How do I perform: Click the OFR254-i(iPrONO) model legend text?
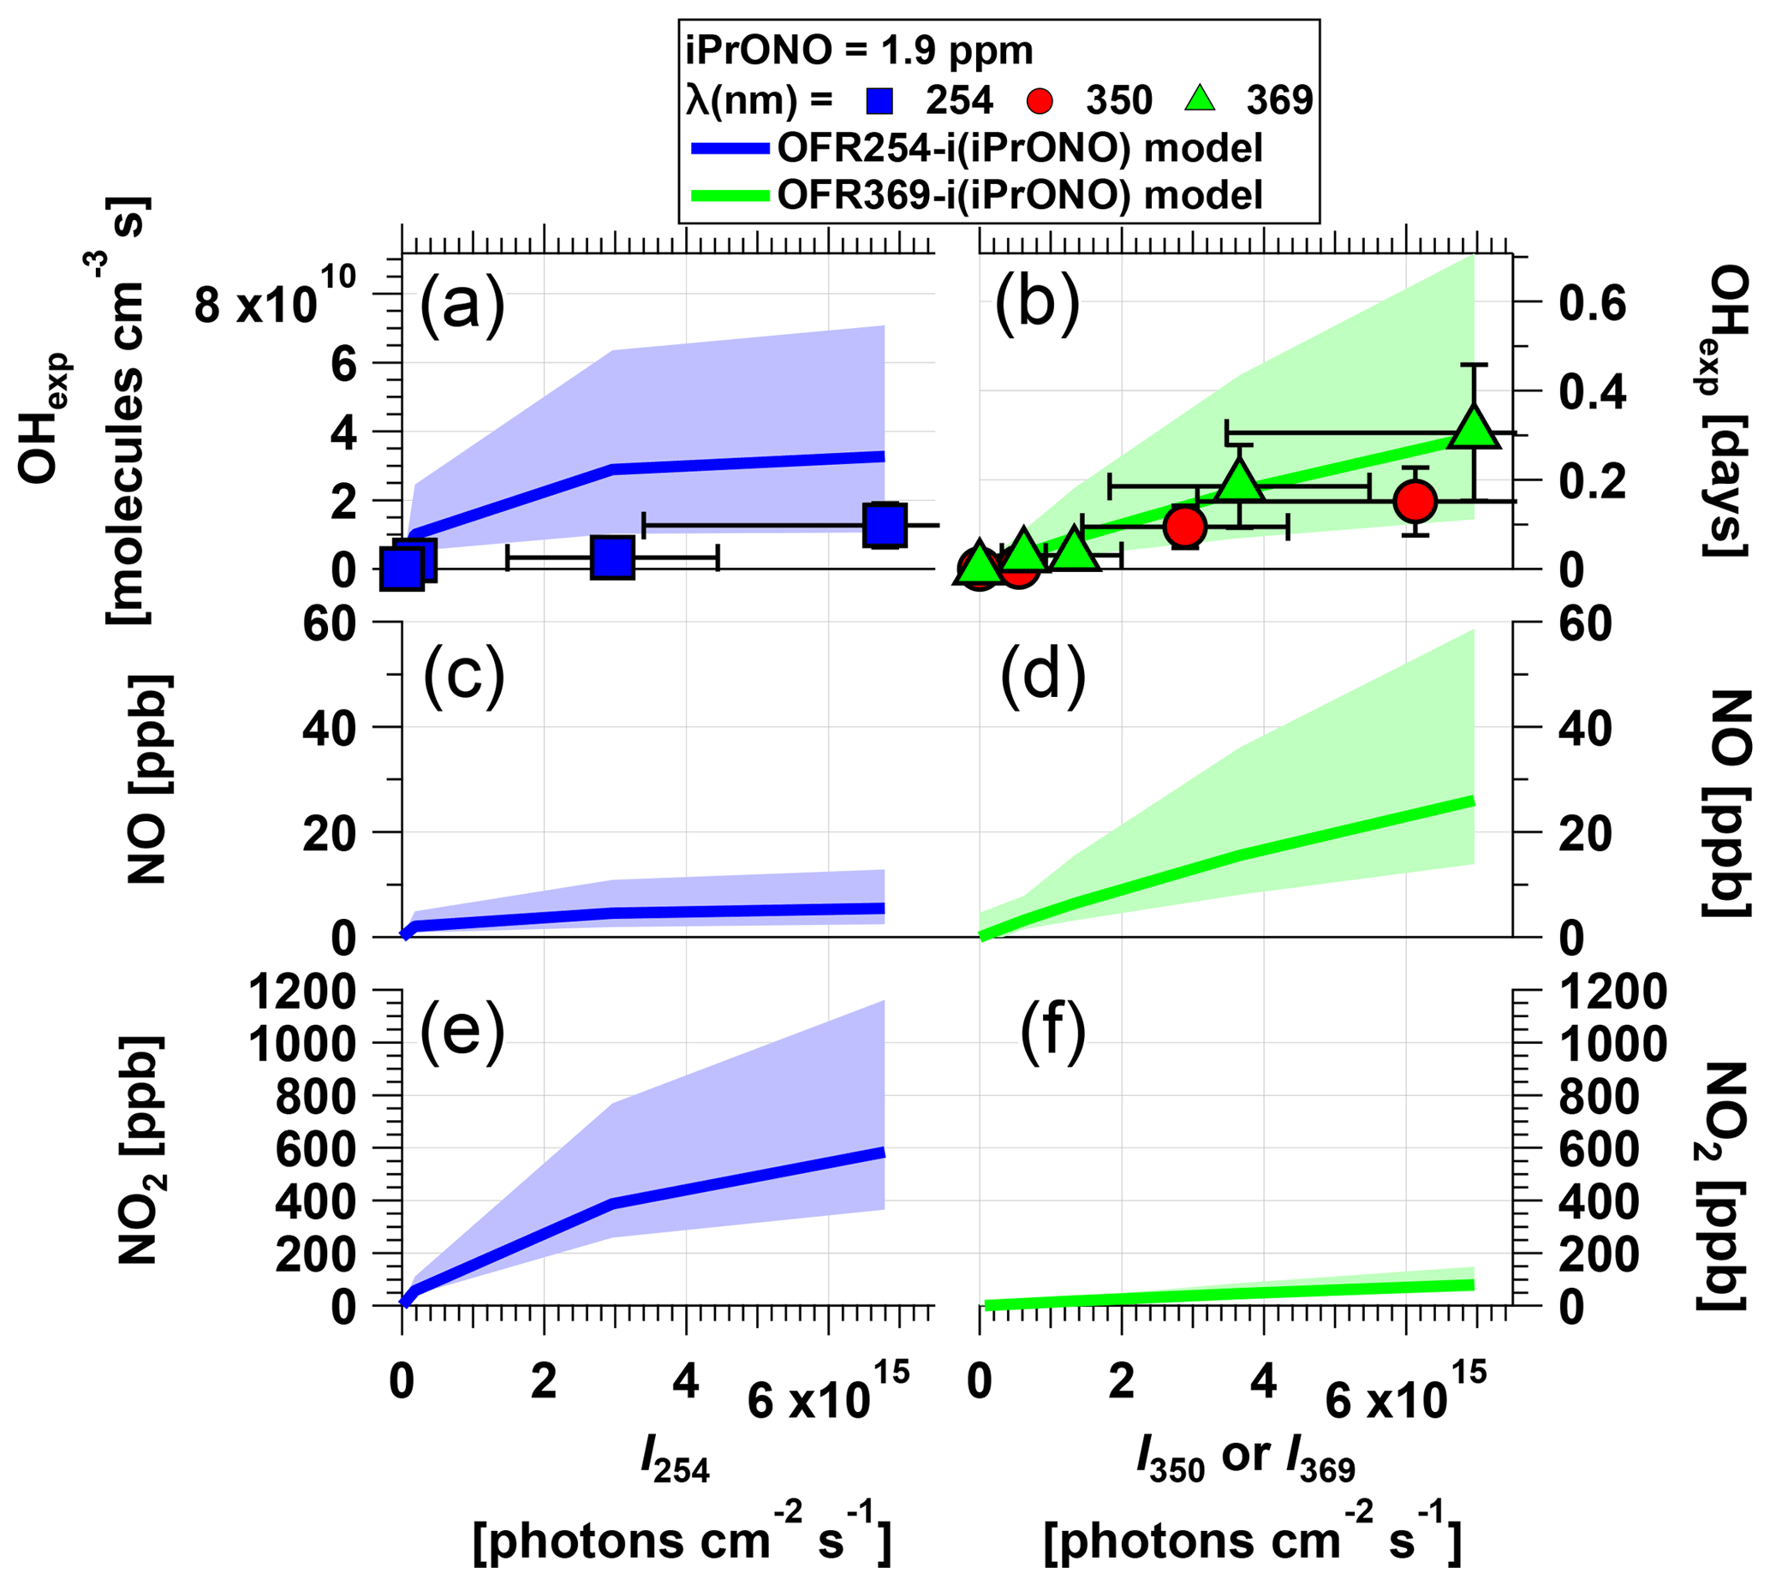click(x=1019, y=149)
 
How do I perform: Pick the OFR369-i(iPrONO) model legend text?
click(x=1019, y=194)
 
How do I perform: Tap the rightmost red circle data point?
click(x=1415, y=501)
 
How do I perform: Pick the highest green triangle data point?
click(x=1474, y=427)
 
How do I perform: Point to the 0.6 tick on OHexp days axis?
click(x=1591, y=303)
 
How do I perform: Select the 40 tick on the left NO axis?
click(x=331, y=727)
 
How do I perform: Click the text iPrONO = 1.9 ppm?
click(x=859, y=51)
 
